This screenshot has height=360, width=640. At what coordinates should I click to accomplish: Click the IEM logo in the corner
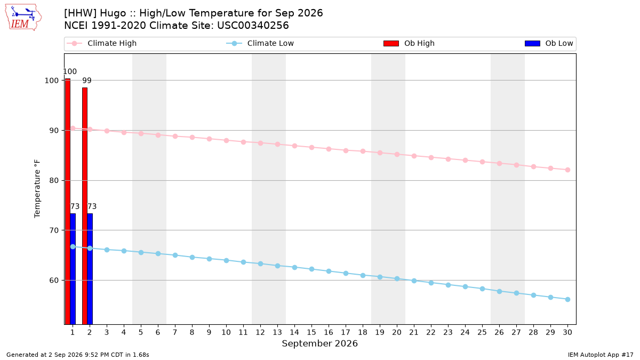(x=23, y=18)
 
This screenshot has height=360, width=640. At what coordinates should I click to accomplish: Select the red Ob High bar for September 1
(x=68, y=202)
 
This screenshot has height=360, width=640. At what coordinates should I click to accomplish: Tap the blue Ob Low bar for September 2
(x=90, y=269)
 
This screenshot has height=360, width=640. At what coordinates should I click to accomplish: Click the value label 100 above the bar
(x=70, y=71)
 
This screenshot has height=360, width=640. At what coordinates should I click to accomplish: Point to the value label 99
(x=87, y=81)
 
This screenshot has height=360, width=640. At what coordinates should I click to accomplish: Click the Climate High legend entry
(x=102, y=43)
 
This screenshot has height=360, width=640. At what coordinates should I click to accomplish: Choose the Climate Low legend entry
(x=260, y=43)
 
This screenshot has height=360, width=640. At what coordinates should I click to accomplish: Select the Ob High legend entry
(x=409, y=43)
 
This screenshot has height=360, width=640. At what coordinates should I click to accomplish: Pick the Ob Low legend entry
(x=549, y=43)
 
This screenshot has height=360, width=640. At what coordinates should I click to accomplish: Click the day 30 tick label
(x=567, y=332)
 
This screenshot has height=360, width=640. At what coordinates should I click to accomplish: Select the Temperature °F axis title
(x=37, y=189)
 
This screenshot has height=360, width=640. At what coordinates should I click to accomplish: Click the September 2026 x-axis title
(x=319, y=343)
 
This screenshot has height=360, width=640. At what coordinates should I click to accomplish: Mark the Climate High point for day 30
(x=567, y=170)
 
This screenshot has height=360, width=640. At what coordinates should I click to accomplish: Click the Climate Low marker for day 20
(x=397, y=279)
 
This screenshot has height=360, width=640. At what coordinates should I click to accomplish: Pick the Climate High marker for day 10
(x=226, y=141)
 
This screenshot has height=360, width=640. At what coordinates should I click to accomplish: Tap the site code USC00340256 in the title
(x=253, y=26)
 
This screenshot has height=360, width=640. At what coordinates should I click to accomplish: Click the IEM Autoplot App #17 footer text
(x=601, y=355)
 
